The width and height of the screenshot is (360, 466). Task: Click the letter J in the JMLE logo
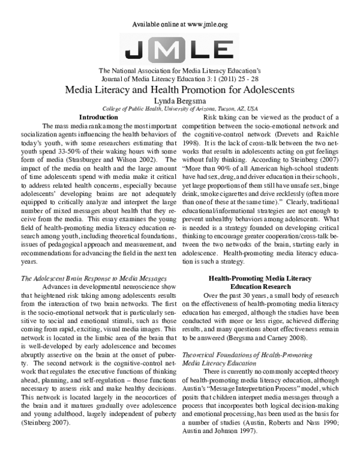tap(136, 46)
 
